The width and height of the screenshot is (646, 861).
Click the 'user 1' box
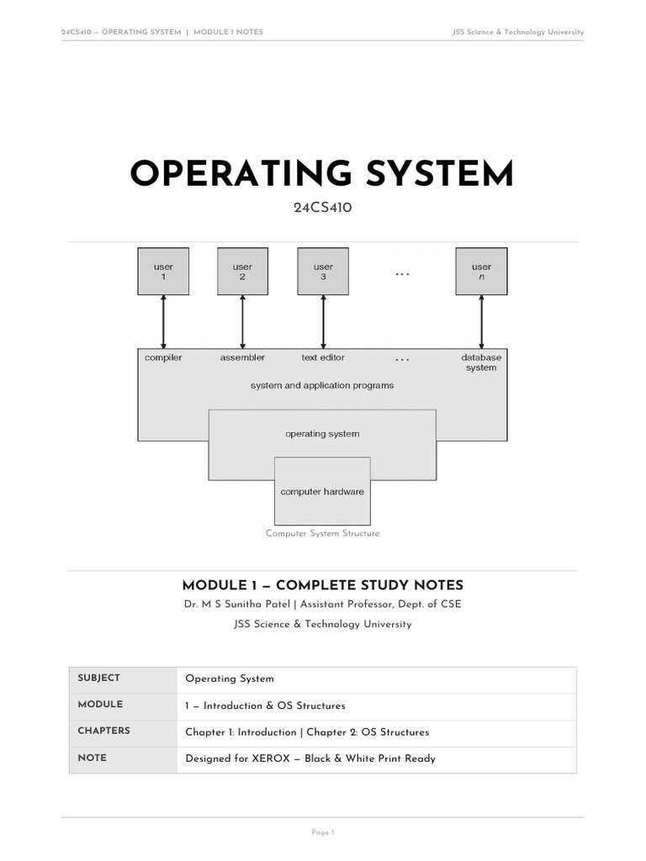coord(163,272)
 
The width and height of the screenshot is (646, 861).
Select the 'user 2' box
coord(243,272)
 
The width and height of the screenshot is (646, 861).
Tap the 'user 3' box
coord(323,272)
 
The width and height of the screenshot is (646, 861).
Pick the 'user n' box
coord(481,272)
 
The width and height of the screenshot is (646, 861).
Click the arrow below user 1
coord(163,322)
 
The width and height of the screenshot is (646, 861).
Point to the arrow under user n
coord(481,322)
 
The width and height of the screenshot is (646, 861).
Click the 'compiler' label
coord(163,357)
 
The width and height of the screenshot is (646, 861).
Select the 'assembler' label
coord(242,357)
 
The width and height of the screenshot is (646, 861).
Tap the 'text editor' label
coord(323,357)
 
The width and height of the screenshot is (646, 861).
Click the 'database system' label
coord(481,362)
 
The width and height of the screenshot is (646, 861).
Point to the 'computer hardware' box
coord(322,491)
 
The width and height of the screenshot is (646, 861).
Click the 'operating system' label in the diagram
coord(322,434)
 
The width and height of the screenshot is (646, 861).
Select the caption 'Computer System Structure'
coord(322,533)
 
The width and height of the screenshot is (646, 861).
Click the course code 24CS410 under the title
coord(322,208)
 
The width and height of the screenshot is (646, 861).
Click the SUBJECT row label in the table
coord(99,679)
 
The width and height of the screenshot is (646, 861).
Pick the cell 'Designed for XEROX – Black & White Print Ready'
coord(310,758)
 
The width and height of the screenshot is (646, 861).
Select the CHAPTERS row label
coord(103,731)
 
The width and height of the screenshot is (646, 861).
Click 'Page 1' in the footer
coord(323,832)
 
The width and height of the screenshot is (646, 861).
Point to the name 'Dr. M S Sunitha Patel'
coord(236,604)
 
